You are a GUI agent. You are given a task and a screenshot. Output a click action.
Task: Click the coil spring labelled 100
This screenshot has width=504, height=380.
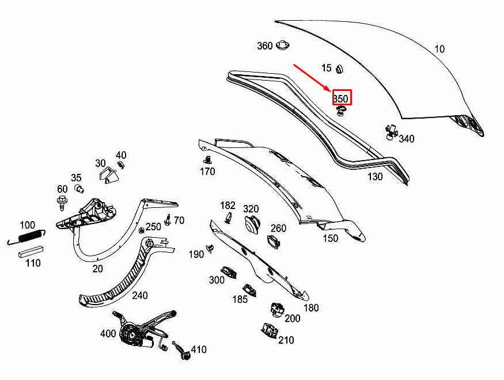click(26, 237)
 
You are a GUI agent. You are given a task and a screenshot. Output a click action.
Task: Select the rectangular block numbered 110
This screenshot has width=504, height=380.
click(31, 252)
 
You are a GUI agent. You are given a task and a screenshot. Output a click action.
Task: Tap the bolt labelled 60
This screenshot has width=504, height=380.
click(62, 202)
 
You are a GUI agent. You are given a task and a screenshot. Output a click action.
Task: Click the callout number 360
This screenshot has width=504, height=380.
click(265, 46)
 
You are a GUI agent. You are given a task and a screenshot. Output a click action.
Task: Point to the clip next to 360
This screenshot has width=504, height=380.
click(283, 45)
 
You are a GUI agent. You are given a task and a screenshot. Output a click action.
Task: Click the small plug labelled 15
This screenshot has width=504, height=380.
click(339, 69)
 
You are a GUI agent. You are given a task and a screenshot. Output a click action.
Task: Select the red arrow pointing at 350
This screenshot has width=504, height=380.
click(312, 78)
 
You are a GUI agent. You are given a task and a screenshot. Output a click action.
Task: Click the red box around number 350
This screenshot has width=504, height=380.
click(342, 97)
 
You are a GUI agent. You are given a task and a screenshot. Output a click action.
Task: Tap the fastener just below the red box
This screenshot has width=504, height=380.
click(341, 111)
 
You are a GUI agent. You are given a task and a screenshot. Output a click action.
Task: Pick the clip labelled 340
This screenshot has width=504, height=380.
click(391, 132)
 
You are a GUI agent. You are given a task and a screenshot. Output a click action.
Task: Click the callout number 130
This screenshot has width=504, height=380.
click(375, 177)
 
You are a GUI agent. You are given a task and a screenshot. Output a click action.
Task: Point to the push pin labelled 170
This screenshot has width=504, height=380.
click(207, 159)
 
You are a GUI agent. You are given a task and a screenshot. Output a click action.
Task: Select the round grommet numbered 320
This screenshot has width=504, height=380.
click(253, 223)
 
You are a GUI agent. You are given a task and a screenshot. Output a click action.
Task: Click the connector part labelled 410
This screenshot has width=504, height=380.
click(181, 351)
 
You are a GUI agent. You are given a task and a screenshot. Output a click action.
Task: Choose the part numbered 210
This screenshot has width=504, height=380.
click(270, 330)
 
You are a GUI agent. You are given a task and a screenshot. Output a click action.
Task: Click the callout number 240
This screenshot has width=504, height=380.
click(140, 295)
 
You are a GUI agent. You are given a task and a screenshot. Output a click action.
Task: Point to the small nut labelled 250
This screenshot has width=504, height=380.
click(141, 230)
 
